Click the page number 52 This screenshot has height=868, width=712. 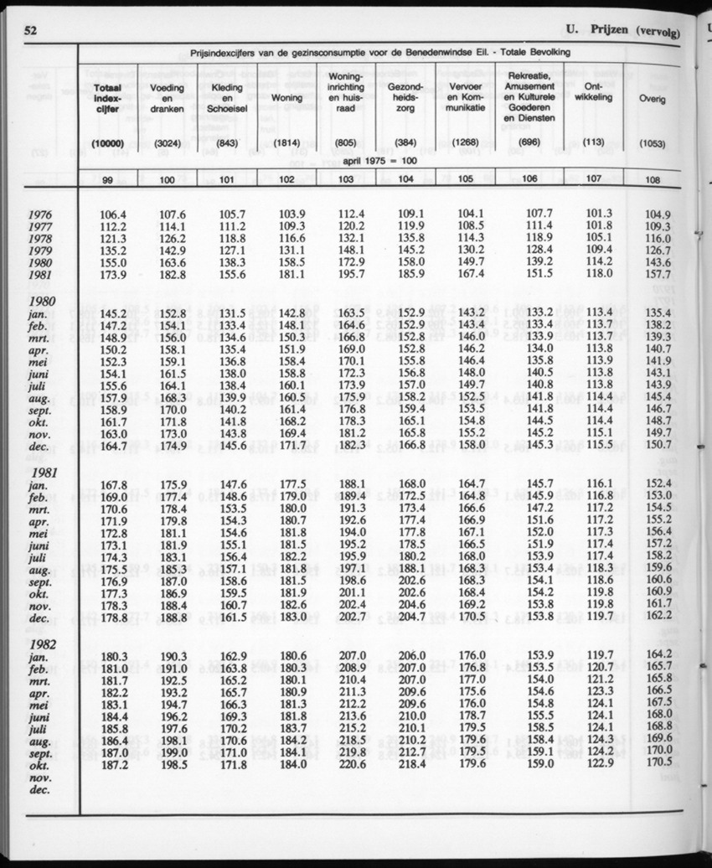[33, 31]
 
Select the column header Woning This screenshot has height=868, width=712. [287, 98]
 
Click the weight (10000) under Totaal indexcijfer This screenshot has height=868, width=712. [107, 143]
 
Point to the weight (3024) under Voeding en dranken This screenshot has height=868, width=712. [167, 143]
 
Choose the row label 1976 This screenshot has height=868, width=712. [39, 214]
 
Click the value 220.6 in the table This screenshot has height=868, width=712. [351, 764]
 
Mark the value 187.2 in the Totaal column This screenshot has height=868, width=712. [112, 764]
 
